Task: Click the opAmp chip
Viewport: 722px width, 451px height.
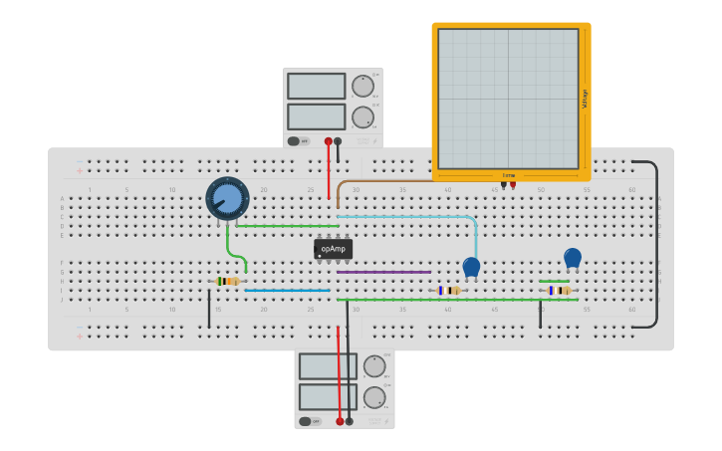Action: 333,249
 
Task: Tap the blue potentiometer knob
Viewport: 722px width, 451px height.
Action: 228,198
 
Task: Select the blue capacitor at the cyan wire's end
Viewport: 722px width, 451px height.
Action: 471,267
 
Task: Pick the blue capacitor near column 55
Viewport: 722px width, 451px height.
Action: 573,258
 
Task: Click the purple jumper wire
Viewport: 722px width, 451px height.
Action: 383,272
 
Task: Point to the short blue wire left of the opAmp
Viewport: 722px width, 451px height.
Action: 287,291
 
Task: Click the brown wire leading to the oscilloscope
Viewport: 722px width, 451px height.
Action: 398,181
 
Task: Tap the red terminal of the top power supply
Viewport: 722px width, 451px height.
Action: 329,141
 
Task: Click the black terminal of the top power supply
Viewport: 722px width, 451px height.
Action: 339,141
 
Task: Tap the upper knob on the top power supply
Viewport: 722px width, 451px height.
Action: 362,86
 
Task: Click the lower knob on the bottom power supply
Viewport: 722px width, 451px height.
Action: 374,397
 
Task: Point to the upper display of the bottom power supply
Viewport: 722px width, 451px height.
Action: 328,366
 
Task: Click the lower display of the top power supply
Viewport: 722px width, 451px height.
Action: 317,116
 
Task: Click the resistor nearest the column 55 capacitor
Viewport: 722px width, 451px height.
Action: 560,291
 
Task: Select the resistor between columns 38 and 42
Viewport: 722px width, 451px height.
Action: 449,291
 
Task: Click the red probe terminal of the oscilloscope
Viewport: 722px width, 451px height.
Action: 513,183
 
